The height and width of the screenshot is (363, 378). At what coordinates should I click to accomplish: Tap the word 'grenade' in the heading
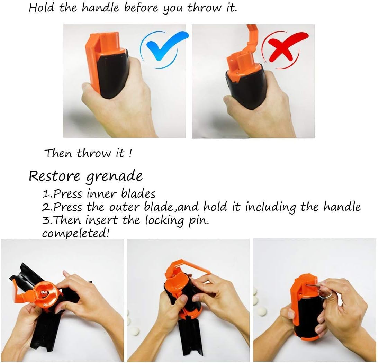[x=114, y=177]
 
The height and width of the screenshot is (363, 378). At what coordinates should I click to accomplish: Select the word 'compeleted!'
[x=75, y=234]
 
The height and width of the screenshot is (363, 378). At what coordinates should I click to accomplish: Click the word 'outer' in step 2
[x=124, y=207]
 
